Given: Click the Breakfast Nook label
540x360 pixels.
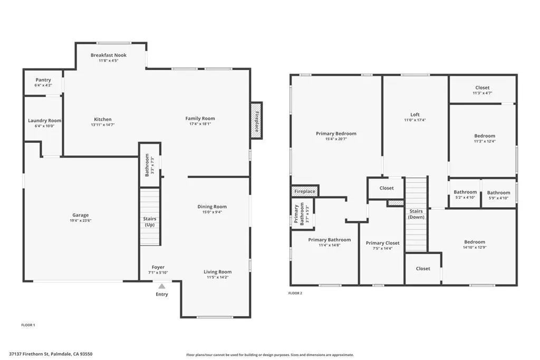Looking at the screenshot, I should pyautogui.click(x=109, y=55).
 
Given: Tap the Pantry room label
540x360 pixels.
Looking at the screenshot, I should pyautogui.click(x=43, y=80).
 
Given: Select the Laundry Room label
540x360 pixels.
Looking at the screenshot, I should pyautogui.click(x=45, y=121).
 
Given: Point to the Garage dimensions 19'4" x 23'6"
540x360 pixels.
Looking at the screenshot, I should pyautogui.click(x=81, y=220).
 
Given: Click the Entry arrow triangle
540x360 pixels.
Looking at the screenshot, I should pyautogui.click(x=162, y=286).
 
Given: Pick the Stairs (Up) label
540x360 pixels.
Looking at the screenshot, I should pyautogui.click(x=150, y=222).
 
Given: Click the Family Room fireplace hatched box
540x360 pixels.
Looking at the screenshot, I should pyautogui.click(x=257, y=120).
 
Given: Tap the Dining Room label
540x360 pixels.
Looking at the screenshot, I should pyautogui.click(x=212, y=207).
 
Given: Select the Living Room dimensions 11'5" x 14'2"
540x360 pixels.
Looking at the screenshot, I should pyautogui.click(x=218, y=277).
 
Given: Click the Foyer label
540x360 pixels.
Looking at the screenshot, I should pyautogui.click(x=158, y=267).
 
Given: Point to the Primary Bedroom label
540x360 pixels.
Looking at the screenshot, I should pyautogui.click(x=336, y=134).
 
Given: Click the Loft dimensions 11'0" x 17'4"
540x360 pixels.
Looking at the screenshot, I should pyautogui.click(x=415, y=120).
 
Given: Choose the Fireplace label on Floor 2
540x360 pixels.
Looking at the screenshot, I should pyautogui.click(x=305, y=191).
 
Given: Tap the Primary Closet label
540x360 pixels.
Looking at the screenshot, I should pyautogui.click(x=383, y=243).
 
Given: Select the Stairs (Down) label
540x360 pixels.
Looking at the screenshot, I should pyautogui.click(x=416, y=214).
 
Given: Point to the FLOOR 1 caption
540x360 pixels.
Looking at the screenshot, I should pyautogui.click(x=27, y=325).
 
